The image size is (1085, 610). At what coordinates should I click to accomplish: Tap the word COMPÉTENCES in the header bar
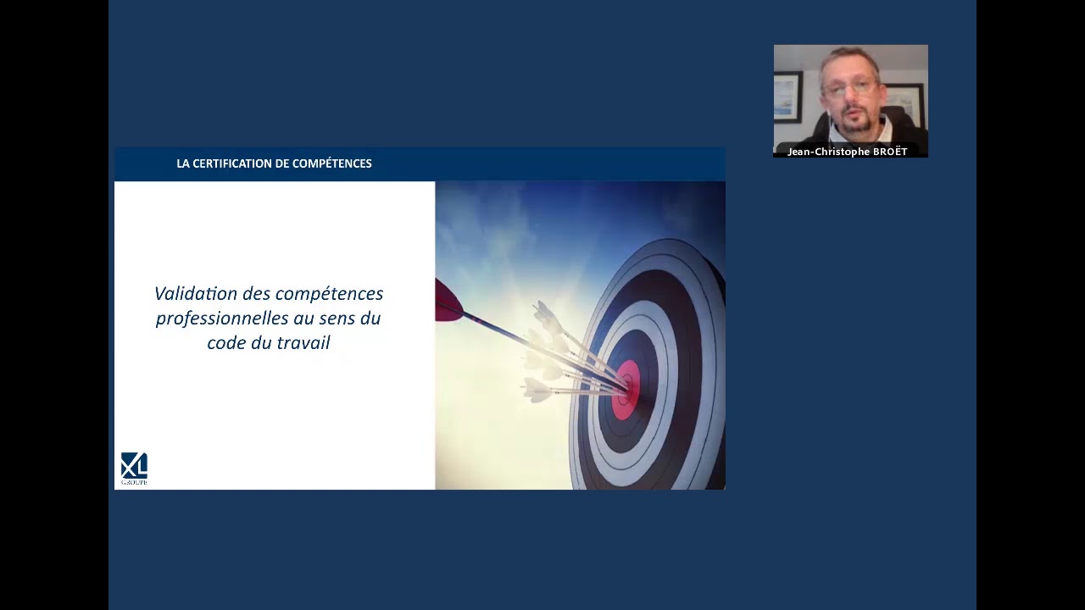click(x=331, y=164)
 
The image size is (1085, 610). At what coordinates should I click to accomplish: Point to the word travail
click(x=303, y=343)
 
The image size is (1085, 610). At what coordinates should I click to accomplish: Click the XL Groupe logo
click(x=134, y=469)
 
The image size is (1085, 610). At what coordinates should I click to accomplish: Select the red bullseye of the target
click(x=626, y=390)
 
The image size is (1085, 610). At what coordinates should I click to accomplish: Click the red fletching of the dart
click(x=449, y=301)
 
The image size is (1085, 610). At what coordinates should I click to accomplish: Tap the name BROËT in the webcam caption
click(x=890, y=152)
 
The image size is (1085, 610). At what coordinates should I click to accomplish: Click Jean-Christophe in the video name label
click(x=828, y=152)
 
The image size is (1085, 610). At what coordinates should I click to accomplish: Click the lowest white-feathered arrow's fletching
click(x=537, y=390)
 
